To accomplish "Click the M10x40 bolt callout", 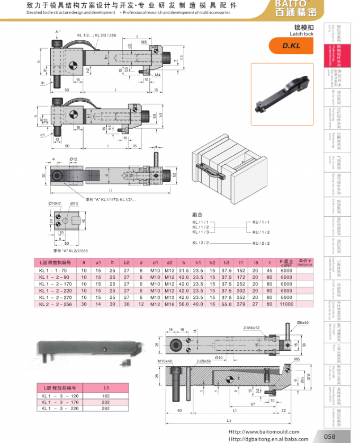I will point(166,361).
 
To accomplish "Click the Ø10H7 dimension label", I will point(56,203).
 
